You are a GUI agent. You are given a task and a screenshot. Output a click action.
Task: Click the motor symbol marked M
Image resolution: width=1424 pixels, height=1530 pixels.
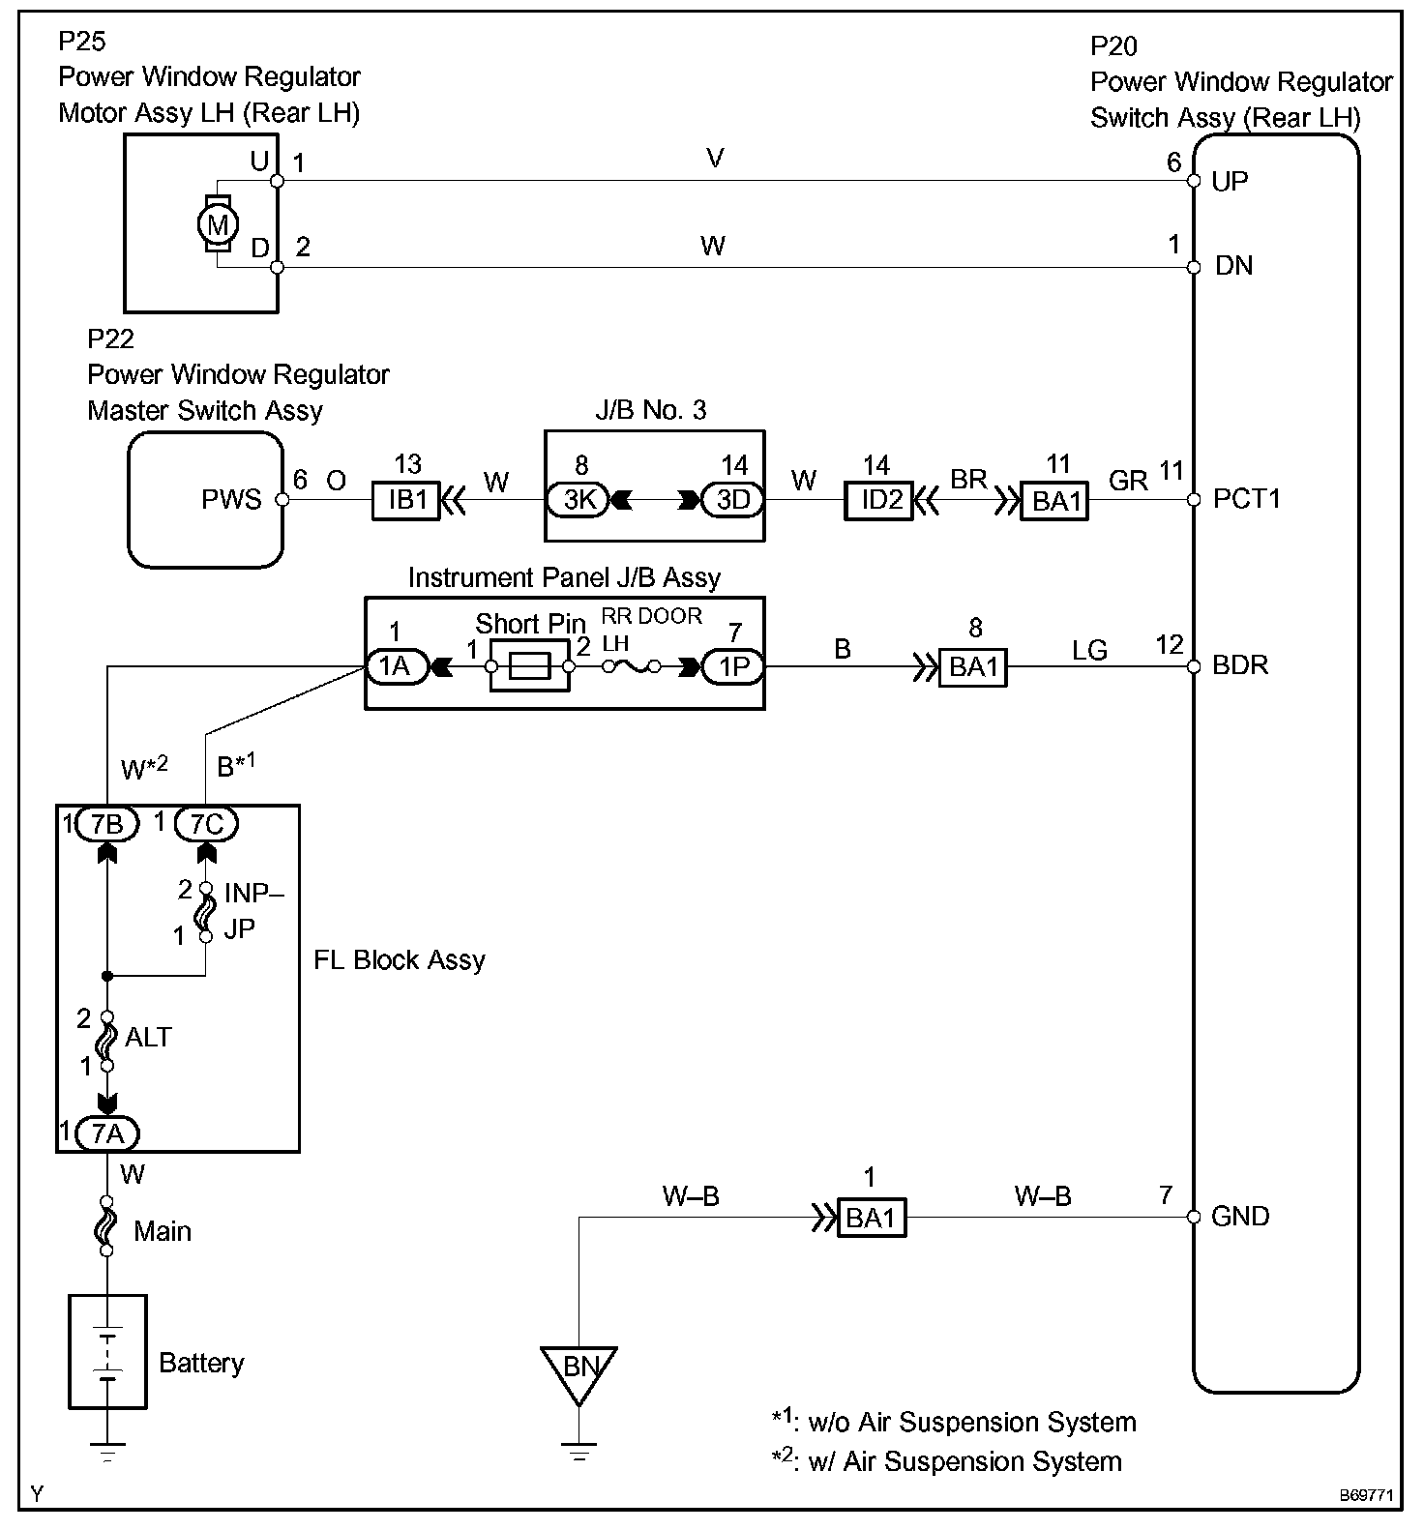click(218, 224)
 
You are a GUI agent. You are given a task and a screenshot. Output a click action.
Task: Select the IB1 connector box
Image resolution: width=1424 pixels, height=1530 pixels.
click(406, 500)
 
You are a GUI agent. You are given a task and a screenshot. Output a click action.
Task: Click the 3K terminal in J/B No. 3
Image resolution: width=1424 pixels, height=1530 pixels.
click(579, 500)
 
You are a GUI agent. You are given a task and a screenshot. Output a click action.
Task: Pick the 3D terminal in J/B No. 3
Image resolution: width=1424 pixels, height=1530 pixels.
click(732, 500)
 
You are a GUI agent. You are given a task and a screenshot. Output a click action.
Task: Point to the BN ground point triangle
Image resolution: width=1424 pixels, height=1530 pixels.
click(579, 1370)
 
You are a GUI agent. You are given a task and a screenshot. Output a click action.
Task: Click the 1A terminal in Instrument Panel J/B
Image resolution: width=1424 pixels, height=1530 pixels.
click(396, 666)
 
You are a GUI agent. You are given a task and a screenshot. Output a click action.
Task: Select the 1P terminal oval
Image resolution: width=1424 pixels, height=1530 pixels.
click(732, 666)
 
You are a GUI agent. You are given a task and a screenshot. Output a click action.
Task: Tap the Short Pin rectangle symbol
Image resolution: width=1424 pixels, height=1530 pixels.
click(530, 666)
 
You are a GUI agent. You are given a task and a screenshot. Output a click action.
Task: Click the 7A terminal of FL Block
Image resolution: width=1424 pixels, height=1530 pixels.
click(108, 1133)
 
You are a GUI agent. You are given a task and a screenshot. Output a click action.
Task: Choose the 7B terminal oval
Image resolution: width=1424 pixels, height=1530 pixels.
click(107, 824)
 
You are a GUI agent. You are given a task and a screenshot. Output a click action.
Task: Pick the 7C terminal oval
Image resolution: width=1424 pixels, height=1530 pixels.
click(207, 824)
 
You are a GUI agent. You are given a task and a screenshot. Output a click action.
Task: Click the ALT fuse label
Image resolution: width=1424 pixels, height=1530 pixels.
click(148, 1037)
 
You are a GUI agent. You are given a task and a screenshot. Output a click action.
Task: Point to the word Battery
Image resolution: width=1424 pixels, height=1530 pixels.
click(201, 1363)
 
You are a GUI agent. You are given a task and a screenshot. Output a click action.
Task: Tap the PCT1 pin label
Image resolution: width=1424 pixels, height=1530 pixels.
click(1247, 499)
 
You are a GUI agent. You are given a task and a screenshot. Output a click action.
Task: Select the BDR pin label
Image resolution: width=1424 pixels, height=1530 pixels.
click(1240, 665)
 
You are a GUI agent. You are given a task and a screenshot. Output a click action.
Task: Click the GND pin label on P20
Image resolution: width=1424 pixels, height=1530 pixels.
click(1240, 1216)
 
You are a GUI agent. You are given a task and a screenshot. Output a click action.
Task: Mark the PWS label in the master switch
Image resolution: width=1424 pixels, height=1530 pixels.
click(231, 499)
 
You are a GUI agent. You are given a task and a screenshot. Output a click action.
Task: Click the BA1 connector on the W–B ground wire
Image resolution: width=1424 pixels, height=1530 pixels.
click(871, 1218)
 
